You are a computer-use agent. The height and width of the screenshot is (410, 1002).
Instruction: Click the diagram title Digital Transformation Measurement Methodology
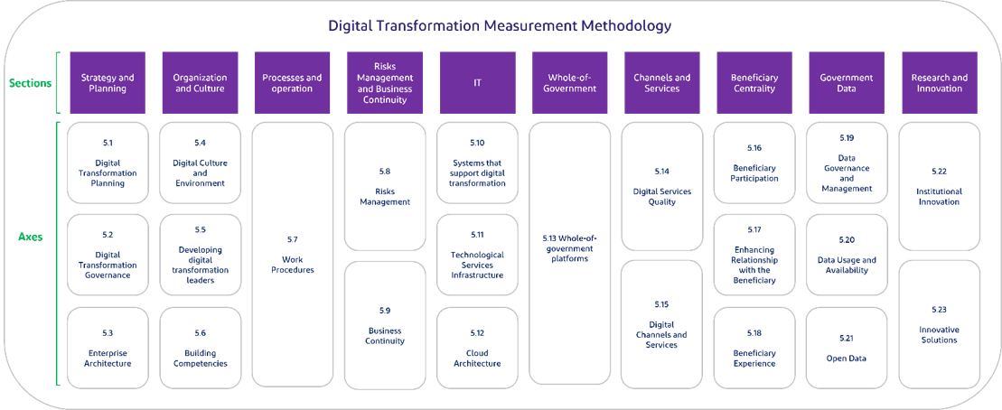pos(500,25)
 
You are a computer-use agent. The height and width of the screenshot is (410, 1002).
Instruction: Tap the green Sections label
pos(30,83)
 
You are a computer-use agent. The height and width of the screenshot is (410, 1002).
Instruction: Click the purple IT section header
pos(478,83)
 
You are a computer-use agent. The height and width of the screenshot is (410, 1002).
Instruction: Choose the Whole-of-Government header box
pos(570,83)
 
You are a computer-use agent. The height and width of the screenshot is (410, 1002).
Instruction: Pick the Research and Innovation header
pos(941,83)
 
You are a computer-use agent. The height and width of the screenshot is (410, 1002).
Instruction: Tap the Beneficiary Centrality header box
pos(754,83)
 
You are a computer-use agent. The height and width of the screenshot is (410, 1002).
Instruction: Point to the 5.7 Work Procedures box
pos(292,254)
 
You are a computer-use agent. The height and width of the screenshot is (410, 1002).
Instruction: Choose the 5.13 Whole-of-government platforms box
pos(570,254)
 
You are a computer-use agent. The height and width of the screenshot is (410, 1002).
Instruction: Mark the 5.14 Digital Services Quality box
pos(662,187)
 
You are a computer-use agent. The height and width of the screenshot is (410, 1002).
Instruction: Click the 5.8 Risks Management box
pos(385,186)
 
